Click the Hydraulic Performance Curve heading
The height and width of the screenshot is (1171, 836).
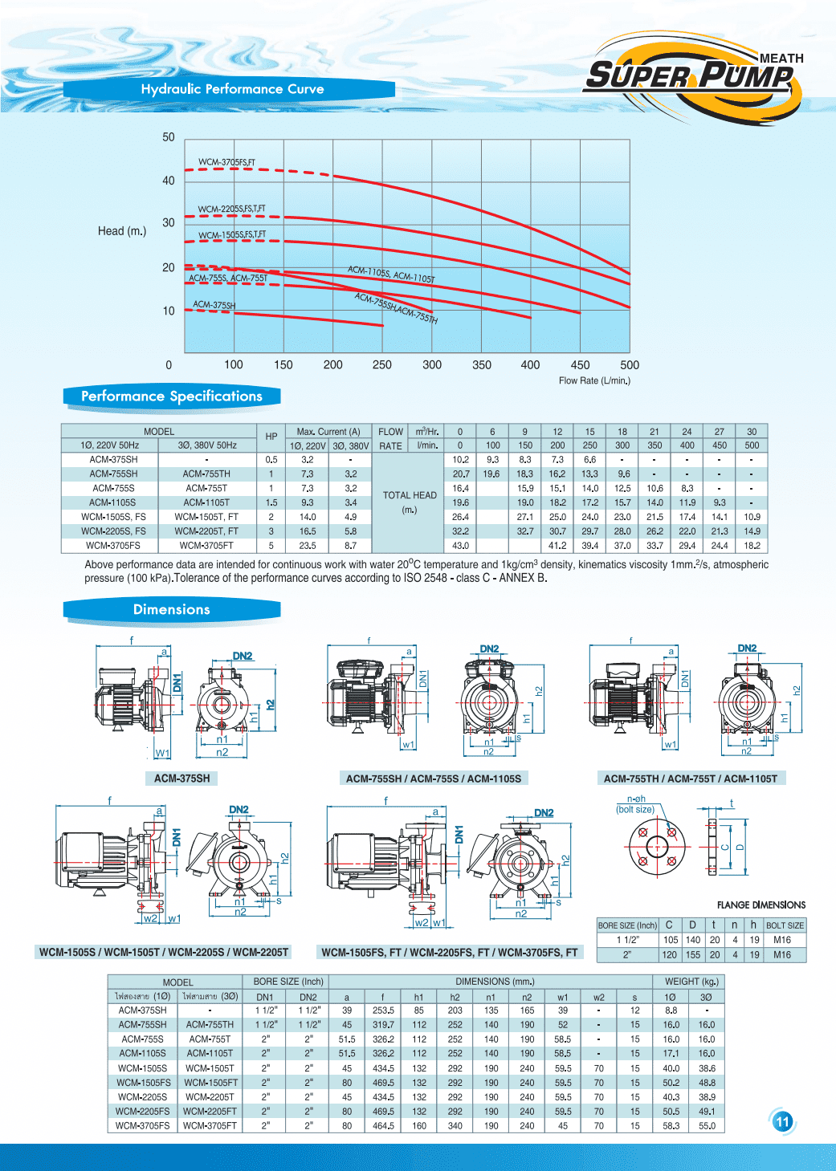click(x=232, y=89)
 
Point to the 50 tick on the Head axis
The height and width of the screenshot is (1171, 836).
click(x=169, y=137)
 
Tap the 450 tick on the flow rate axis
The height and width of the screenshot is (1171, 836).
click(x=580, y=365)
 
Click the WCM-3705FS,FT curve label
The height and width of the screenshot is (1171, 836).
click(x=226, y=162)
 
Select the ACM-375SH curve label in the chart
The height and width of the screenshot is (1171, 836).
click(x=214, y=305)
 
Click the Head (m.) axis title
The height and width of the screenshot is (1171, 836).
click(x=122, y=231)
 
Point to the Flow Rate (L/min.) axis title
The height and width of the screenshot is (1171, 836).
click(x=594, y=380)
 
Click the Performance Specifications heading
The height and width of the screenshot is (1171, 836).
click(x=172, y=396)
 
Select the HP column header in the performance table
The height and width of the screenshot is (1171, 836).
click(x=271, y=437)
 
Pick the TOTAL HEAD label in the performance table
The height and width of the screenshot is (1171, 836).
click(x=410, y=496)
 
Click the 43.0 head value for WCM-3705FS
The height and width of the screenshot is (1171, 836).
click(x=460, y=546)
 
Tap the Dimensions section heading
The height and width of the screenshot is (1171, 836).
click(x=172, y=610)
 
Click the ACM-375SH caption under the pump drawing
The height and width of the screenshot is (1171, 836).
click(x=182, y=779)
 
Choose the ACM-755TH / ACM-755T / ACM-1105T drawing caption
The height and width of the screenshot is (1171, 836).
click(x=691, y=779)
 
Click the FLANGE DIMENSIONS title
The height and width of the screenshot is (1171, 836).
click(x=761, y=905)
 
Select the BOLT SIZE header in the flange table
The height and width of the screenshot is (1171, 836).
click(x=785, y=925)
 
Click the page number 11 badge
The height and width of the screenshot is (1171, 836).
click(x=783, y=1122)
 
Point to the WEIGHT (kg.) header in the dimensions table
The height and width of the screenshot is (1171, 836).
click(x=691, y=982)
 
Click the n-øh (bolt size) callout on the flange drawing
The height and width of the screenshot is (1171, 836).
click(x=636, y=804)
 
